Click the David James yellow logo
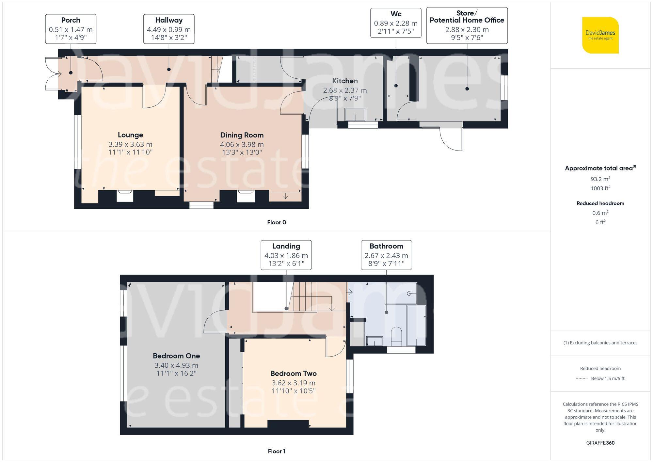(600, 35)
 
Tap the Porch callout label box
(71, 29)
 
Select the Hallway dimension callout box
(169, 29)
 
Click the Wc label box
(396, 23)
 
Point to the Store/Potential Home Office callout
(467, 25)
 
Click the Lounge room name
(130, 135)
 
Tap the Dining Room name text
(242, 135)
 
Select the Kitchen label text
(345, 81)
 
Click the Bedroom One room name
(176, 356)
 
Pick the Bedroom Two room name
(293, 373)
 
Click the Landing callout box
(286, 255)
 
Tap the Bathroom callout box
(386, 255)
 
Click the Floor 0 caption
(276, 222)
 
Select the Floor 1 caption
(276, 451)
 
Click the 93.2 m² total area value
(600, 179)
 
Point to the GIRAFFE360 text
(600, 443)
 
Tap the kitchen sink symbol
(355, 114)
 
